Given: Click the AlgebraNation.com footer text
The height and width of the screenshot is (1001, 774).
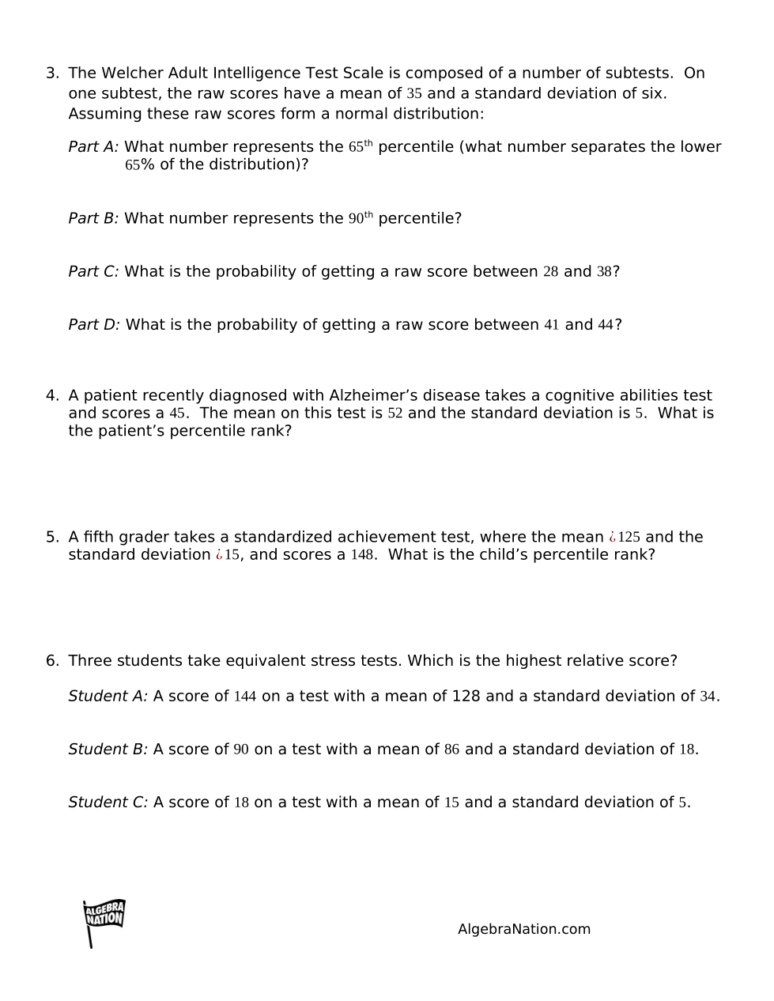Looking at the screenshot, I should click(x=523, y=929).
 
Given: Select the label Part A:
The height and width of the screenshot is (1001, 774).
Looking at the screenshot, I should click(x=93, y=147).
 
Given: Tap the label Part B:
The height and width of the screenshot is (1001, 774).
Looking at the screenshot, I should click(x=93, y=218).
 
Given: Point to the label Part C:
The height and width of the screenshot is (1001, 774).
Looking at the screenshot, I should click(x=93, y=271).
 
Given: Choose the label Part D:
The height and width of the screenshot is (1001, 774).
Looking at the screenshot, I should click(x=94, y=324).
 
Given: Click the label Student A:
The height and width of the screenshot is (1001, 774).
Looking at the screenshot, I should click(x=108, y=696).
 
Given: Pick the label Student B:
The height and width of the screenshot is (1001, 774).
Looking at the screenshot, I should click(x=108, y=749).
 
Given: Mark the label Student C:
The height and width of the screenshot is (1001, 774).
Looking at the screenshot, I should click(x=108, y=802).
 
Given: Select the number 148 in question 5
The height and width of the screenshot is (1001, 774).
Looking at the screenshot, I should click(x=362, y=554).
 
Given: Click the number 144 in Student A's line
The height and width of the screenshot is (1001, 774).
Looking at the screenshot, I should click(x=245, y=697).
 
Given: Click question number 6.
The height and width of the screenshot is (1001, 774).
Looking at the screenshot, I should click(x=51, y=661).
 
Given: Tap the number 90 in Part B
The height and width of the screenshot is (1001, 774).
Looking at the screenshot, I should click(x=357, y=219).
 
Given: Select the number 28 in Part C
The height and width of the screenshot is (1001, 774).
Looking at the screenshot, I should click(x=550, y=272).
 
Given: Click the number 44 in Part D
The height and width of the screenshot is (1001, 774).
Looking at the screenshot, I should click(x=606, y=325).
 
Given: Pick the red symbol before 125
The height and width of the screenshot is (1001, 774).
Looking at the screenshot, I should click(x=612, y=538).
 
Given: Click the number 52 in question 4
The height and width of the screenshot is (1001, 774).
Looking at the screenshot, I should click(x=395, y=414).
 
